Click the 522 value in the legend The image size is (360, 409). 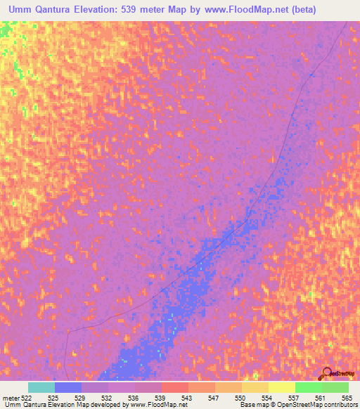[26, 397]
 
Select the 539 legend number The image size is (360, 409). [160, 397]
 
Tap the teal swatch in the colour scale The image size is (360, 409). [41, 387]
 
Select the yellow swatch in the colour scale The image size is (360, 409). [281, 387]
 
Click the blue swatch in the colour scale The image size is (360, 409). [68, 387]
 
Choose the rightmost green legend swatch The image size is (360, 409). [335, 387]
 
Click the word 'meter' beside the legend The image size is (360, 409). [10, 397]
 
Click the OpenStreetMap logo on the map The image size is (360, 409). [337, 373]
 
